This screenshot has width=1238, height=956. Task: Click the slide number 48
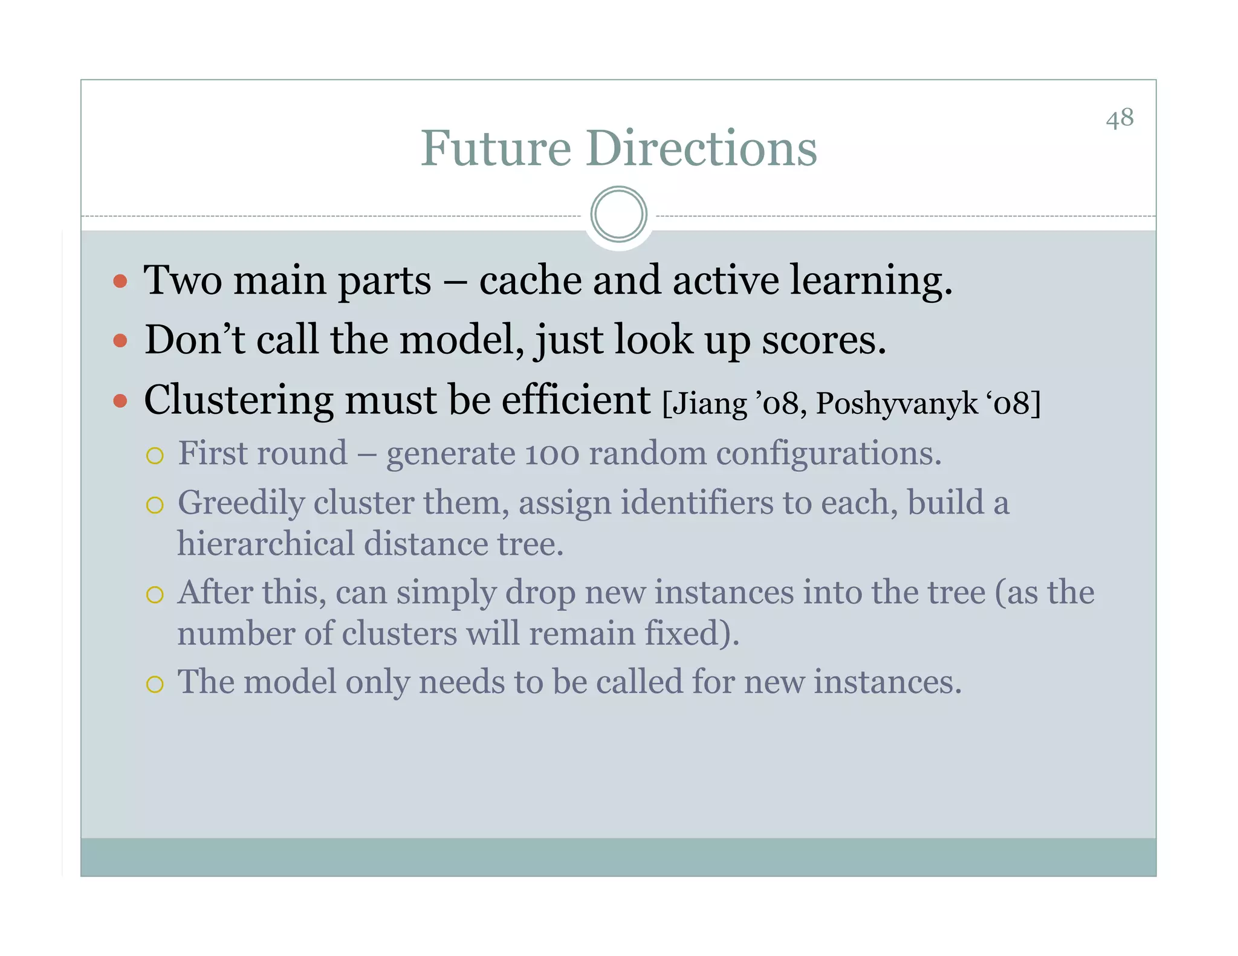pyautogui.click(x=1120, y=118)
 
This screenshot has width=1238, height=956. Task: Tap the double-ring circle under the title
pyautogui.click(x=618, y=214)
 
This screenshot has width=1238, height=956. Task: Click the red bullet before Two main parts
pyautogui.click(x=120, y=281)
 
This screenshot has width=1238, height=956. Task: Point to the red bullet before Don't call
pyautogui.click(x=120, y=341)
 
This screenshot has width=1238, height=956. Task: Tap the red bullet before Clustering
pyautogui.click(x=120, y=401)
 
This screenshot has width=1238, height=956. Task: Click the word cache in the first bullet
pyautogui.click(x=530, y=281)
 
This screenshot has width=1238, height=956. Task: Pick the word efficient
pyautogui.click(x=575, y=400)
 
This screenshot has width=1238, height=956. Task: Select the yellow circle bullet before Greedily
pyautogui.click(x=155, y=505)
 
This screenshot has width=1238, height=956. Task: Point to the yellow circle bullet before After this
pyautogui.click(x=155, y=595)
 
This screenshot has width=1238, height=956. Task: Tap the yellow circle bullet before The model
pyautogui.click(x=155, y=684)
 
